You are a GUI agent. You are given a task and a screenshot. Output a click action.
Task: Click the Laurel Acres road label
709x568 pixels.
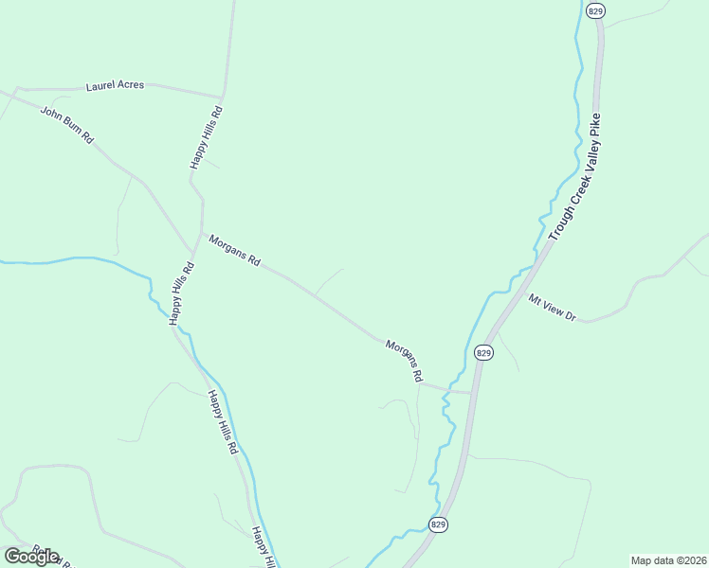(115, 85)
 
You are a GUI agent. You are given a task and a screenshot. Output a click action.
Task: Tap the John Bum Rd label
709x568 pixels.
(66, 125)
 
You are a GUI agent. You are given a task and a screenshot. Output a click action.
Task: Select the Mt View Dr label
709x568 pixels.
(553, 309)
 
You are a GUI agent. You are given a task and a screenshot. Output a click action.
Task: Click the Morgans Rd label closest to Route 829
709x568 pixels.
(404, 361)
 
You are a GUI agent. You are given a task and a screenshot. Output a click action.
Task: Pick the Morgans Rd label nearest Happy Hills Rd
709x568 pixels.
(234, 251)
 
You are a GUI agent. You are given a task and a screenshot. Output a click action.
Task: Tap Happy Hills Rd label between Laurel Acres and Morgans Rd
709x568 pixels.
(206, 138)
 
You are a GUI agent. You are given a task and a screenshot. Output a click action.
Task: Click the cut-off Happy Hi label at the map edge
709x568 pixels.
(262, 547)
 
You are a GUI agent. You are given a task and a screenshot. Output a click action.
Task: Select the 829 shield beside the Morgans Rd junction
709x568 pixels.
(483, 353)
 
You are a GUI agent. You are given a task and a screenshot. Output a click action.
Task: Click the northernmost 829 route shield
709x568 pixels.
(595, 10)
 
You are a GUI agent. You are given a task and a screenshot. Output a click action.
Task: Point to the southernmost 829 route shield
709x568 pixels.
(437, 524)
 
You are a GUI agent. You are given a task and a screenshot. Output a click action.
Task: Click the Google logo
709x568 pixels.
(31, 556)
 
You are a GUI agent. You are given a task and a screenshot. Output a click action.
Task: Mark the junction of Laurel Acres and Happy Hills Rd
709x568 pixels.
(223, 97)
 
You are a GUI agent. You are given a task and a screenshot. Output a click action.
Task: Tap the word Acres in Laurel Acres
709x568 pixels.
(130, 85)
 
